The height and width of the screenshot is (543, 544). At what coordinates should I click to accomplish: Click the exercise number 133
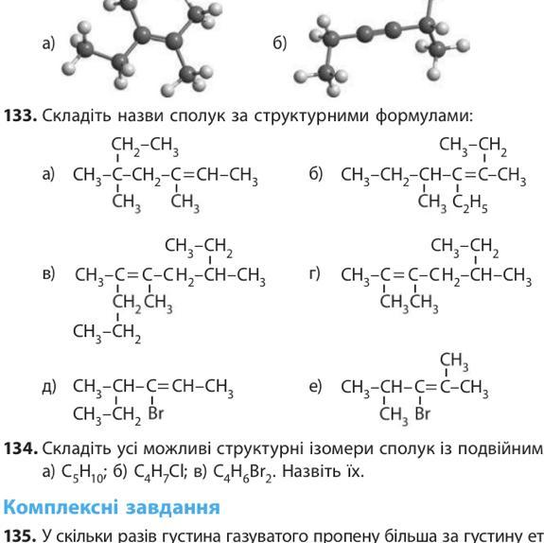20,115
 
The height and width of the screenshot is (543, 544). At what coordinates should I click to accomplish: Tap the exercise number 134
20,448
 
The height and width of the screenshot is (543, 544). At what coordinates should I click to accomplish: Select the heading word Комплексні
61,507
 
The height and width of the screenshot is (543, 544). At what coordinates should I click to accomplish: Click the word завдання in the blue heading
173,508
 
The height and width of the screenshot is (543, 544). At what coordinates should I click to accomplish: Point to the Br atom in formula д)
155,413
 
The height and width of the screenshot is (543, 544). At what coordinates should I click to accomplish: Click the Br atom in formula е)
422,413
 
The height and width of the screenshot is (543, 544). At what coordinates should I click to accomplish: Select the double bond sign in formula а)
188,174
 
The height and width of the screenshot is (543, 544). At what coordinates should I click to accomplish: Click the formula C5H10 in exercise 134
82,472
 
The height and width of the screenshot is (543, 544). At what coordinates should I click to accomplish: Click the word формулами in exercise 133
424,116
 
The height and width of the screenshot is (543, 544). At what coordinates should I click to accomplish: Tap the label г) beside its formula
314,274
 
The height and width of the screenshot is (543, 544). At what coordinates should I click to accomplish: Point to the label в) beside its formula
48,274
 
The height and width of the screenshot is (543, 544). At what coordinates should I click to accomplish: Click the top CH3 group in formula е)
454,362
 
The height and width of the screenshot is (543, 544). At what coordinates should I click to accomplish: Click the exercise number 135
20,536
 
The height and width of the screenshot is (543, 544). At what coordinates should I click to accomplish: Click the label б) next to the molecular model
280,44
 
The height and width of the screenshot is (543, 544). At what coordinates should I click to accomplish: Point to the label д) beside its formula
49,387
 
